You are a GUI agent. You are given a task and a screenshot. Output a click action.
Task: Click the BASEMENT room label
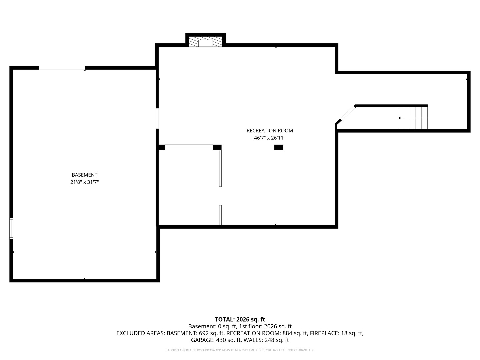click(x=84, y=175)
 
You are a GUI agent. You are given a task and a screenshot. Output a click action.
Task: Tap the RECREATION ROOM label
click(x=270, y=130)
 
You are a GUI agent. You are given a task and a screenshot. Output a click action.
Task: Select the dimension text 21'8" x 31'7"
click(x=84, y=182)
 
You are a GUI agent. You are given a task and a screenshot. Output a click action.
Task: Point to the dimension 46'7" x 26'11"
click(x=270, y=138)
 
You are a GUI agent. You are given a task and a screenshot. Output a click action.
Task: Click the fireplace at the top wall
click(x=205, y=42)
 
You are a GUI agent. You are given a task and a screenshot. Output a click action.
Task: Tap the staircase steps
click(x=412, y=118)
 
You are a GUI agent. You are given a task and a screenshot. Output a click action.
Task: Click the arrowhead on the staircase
click(x=399, y=118)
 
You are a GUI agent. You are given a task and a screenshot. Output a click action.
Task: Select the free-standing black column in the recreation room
click(x=278, y=147)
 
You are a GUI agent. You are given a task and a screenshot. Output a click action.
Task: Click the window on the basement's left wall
click(x=11, y=228)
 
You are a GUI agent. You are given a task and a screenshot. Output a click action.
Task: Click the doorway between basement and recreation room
click(x=157, y=118)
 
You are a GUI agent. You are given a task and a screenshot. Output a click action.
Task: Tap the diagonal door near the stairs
click(x=348, y=113)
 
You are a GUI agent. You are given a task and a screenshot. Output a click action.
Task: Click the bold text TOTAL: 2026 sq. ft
click(x=240, y=319)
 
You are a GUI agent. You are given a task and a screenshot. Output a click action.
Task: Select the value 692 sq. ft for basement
click(x=211, y=333)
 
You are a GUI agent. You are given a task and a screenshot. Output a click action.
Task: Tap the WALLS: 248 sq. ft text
click(x=266, y=340)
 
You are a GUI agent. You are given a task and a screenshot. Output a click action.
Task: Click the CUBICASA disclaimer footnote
click(x=240, y=350)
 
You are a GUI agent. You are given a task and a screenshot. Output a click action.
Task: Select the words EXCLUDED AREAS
click(x=140, y=333)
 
